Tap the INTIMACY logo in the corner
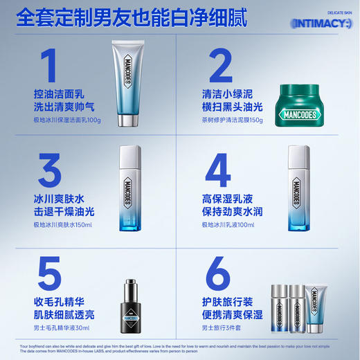pos(322,24)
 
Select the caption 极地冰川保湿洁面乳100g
pos(68,120)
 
